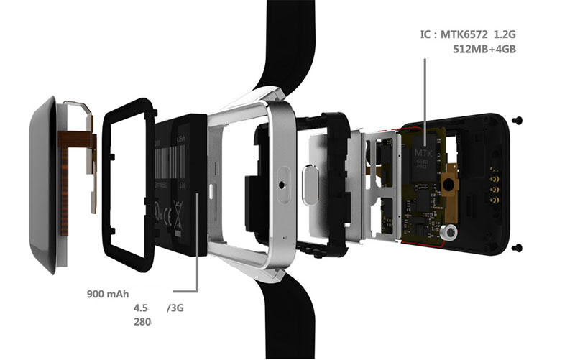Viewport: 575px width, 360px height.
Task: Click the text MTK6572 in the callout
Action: [x=479, y=34]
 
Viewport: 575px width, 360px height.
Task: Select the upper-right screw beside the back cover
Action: [x=519, y=119]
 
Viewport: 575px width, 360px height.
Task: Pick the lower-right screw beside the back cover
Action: [x=519, y=248]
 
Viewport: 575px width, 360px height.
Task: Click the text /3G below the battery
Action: [x=175, y=308]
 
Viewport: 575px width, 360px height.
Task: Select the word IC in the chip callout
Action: [x=426, y=34]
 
